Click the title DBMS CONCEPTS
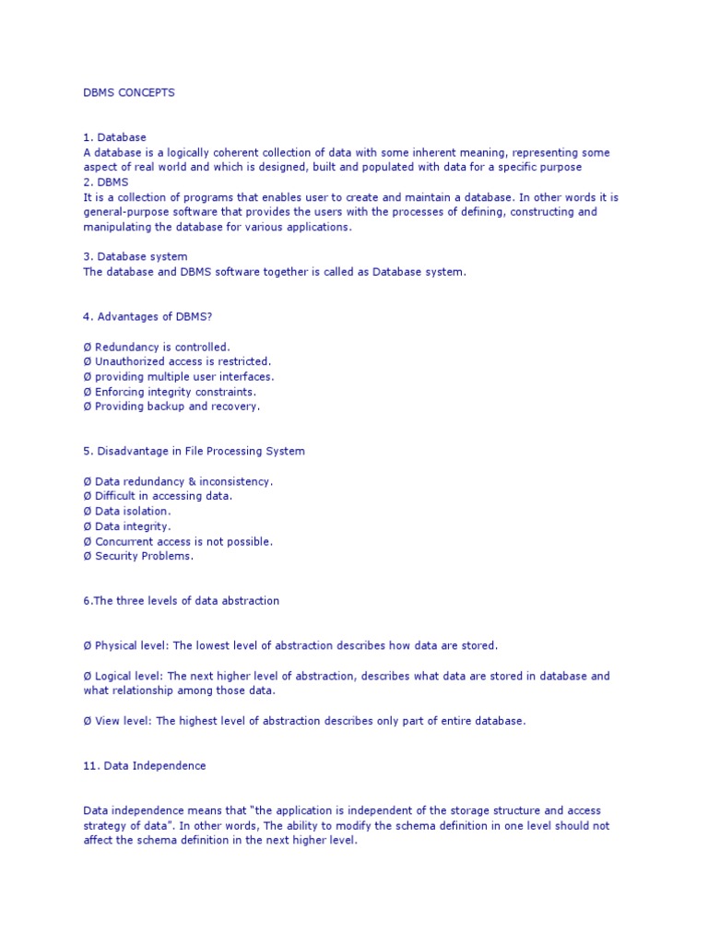click(x=129, y=93)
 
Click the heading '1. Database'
click(x=114, y=137)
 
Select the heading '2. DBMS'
click(x=105, y=182)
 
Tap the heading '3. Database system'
click(x=136, y=256)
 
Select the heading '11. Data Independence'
click(x=145, y=765)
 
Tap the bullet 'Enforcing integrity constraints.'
click(x=175, y=391)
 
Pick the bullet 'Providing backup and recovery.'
click(x=177, y=406)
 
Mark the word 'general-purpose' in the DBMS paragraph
click(x=125, y=211)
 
